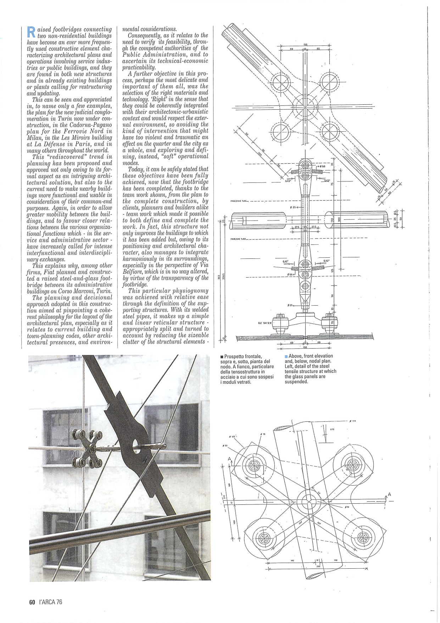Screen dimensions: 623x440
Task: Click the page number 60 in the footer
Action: point(32,602)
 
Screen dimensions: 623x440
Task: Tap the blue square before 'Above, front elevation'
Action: point(286,356)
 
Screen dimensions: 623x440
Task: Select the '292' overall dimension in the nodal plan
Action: point(318,567)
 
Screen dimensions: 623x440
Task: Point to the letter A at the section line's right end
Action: point(389,495)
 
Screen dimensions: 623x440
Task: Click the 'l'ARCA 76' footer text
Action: point(51,602)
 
